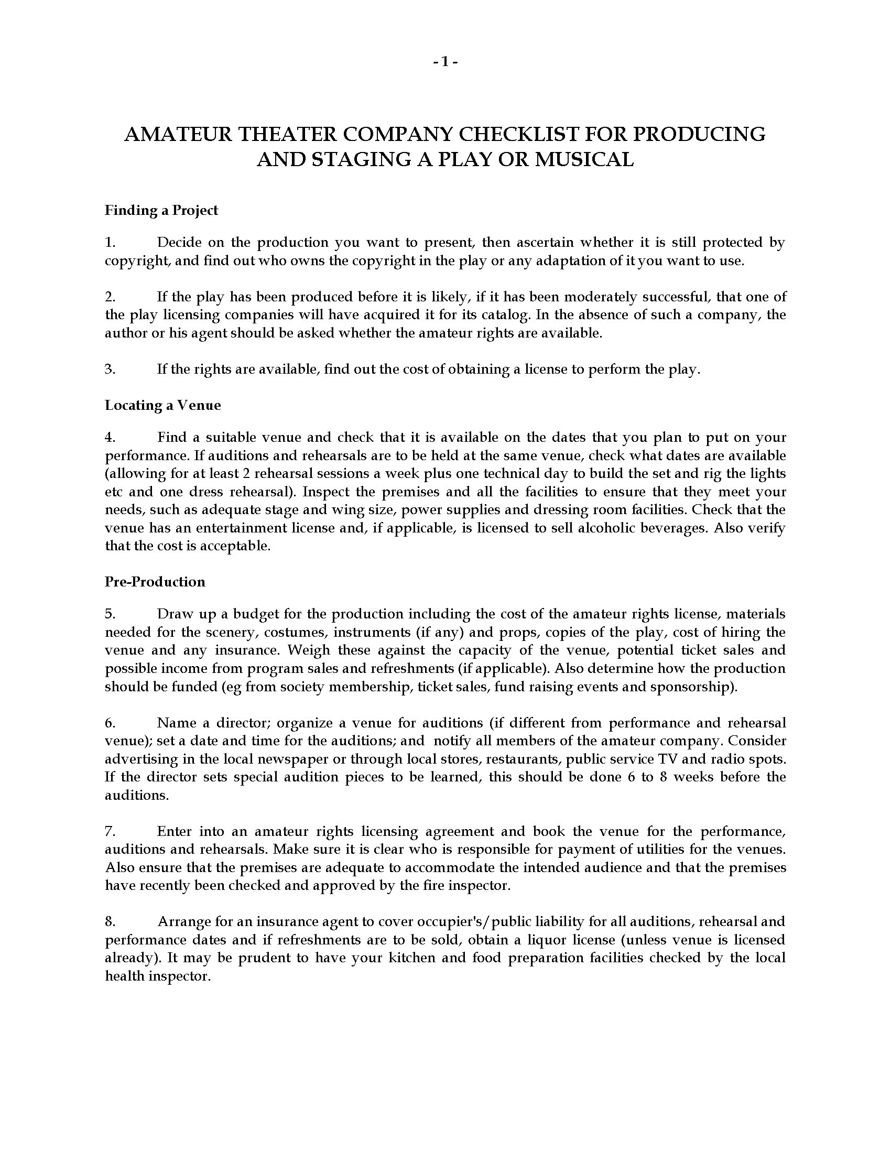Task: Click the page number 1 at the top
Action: tap(445, 62)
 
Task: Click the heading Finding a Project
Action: tap(161, 210)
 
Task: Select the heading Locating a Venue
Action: tap(162, 405)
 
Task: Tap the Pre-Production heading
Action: tap(155, 581)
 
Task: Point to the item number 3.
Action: tap(110, 369)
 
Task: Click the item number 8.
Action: tap(110, 921)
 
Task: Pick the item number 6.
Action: tap(110, 722)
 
